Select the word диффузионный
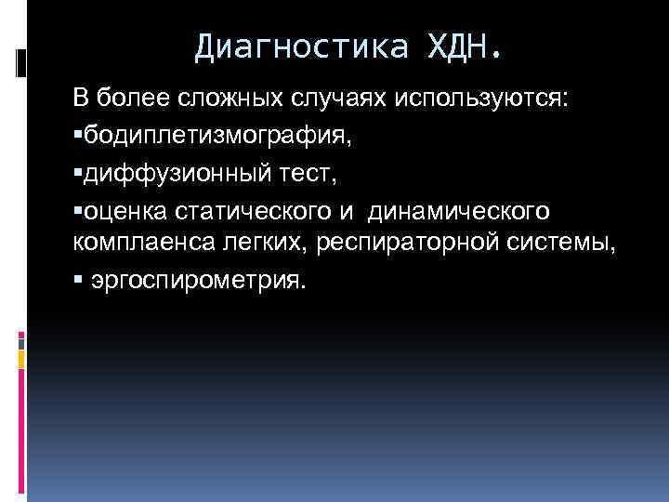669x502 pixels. coord(172,172)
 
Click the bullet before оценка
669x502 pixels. coord(78,209)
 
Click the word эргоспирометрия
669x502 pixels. coord(198,280)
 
